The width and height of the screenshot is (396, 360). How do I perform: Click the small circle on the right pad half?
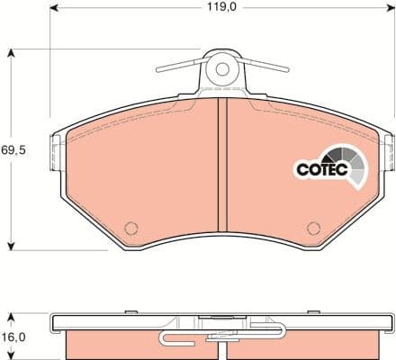(x=313, y=228)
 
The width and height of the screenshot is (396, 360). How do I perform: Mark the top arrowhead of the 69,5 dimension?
(x=11, y=53)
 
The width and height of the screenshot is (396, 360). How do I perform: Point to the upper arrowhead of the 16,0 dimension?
(x=11, y=316)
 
